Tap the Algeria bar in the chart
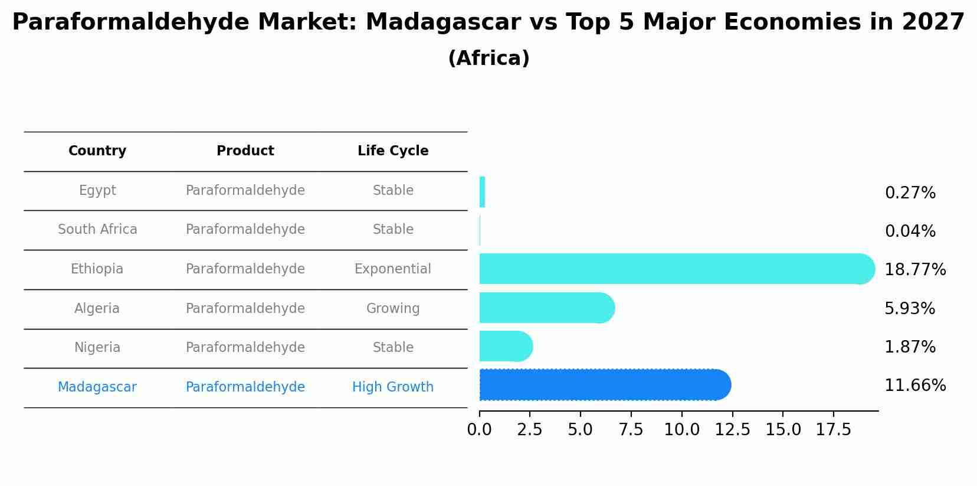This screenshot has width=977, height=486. (546, 308)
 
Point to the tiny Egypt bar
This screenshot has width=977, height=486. (482, 192)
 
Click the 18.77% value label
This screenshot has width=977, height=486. (914, 270)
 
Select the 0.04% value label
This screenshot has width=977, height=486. (910, 231)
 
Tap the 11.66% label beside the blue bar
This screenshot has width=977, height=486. (914, 386)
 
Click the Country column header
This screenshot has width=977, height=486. (97, 151)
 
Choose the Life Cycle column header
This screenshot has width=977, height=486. (393, 151)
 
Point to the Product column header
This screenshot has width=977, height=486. (245, 151)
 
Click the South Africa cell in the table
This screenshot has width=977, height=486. (97, 230)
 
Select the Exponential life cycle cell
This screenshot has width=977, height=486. (393, 269)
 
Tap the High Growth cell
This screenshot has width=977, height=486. (393, 387)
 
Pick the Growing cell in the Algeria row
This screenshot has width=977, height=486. (393, 309)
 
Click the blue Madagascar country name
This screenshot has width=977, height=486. (97, 387)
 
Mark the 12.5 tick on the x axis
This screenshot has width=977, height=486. (732, 430)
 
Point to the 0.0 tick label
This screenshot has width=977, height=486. (479, 430)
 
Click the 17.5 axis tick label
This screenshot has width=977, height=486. (834, 430)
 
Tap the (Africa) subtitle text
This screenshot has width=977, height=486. (488, 58)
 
